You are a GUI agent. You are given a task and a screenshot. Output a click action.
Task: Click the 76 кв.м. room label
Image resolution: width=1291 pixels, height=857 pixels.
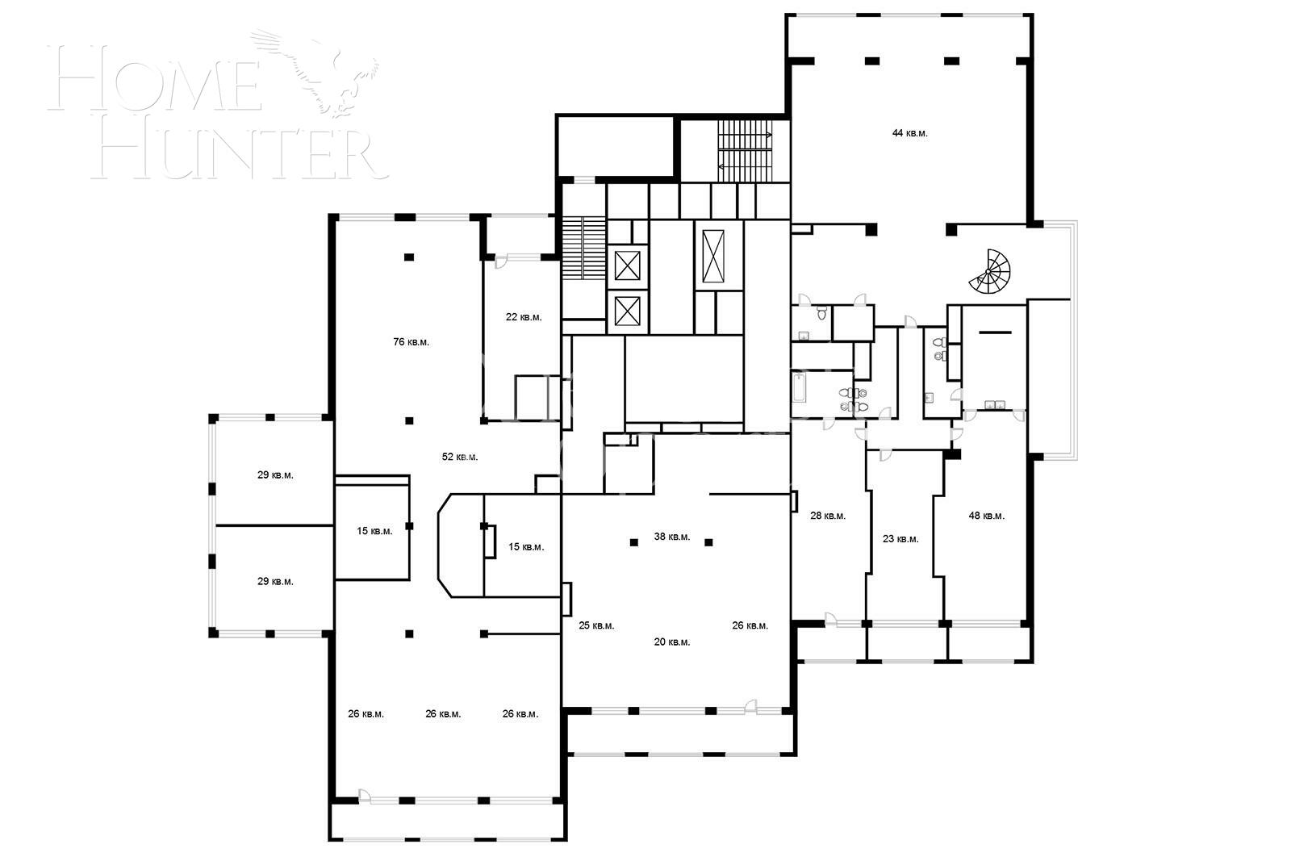pyautogui.click(x=411, y=342)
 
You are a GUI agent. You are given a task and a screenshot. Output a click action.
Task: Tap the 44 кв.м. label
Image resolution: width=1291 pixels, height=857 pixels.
pyautogui.click(x=909, y=133)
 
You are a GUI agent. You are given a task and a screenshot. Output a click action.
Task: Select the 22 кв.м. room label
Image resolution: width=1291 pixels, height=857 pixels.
pyautogui.click(x=523, y=317)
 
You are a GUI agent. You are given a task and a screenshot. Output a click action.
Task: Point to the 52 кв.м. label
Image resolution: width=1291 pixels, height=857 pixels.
pyautogui.click(x=459, y=457)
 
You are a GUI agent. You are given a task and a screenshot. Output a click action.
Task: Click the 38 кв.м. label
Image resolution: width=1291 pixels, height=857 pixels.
pyautogui.click(x=671, y=537)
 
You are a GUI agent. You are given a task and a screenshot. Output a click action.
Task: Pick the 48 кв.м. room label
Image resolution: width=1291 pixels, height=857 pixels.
pyautogui.click(x=986, y=516)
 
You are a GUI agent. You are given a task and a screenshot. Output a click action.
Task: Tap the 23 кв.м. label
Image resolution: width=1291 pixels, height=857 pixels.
pyautogui.click(x=900, y=539)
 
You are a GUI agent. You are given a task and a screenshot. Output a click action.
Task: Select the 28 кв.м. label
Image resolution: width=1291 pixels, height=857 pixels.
pyautogui.click(x=827, y=516)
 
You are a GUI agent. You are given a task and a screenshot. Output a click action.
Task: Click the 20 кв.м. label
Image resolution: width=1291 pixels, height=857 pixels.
pyautogui.click(x=671, y=642)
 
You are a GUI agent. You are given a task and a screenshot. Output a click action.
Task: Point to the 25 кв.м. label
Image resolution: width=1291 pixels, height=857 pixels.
pyautogui.click(x=596, y=625)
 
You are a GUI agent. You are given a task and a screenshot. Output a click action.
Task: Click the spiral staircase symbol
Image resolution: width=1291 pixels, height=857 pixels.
pyautogui.click(x=991, y=272)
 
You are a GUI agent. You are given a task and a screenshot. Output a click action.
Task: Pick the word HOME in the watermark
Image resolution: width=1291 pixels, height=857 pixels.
pyautogui.click(x=153, y=78)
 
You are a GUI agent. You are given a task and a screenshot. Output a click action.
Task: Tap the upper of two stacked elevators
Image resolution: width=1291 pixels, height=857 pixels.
pyautogui.click(x=627, y=265)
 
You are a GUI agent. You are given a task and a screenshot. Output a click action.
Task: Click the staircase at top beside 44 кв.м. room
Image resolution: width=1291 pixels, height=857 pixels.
pyautogui.click(x=743, y=150)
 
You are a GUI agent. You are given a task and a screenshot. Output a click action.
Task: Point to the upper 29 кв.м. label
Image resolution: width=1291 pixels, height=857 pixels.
pyautogui.click(x=275, y=475)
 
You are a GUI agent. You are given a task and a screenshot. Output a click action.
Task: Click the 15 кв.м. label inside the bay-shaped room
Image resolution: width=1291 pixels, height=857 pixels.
pyautogui.click(x=525, y=547)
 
